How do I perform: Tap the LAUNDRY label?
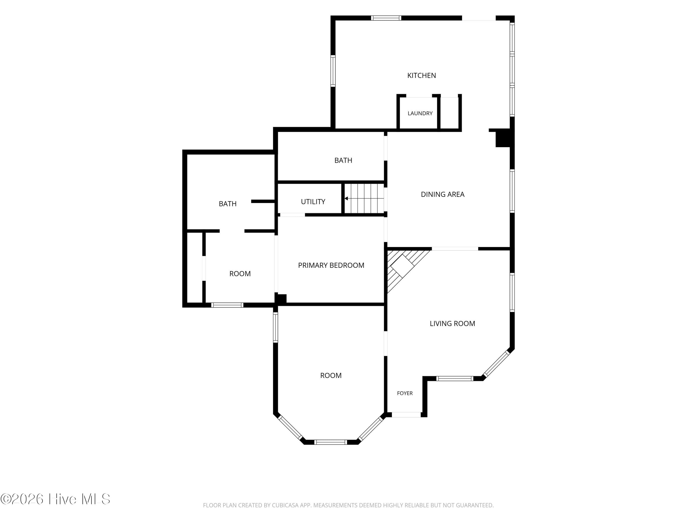[420, 113]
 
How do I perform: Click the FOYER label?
[404, 393]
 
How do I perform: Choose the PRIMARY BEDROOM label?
[331, 265]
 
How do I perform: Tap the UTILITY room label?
[313, 202]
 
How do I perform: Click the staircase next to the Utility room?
[364, 198]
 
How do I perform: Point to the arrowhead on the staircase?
[346, 198]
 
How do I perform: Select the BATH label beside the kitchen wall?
[343, 160]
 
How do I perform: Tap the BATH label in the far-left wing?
[227, 204]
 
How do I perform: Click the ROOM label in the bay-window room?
[331, 375]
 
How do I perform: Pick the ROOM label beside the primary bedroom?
[240, 274]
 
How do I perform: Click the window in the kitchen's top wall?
[386, 18]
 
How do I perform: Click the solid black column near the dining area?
[503, 139]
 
